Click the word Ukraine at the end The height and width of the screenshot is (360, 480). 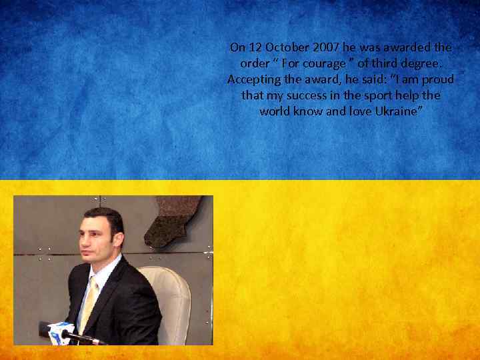click(397, 111)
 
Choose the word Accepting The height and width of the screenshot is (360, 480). click(253, 79)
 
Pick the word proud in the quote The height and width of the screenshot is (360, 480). click(435, 79)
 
